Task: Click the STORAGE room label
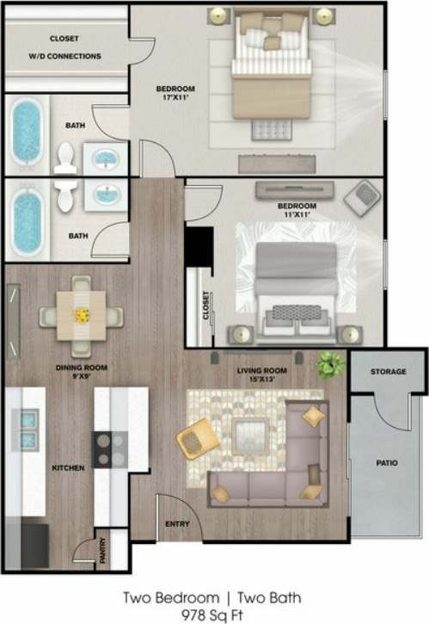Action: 388,371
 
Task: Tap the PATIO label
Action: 387,463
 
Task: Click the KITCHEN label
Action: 68,467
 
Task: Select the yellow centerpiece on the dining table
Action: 82,315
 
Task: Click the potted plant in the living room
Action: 329,365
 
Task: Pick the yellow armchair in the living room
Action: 196,440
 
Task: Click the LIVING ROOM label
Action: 260,371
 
